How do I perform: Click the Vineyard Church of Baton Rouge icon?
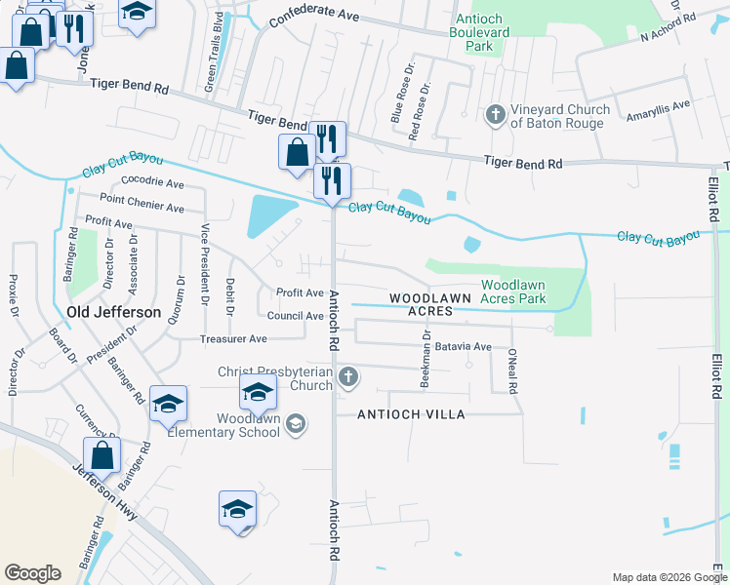pyautogui.click(x=495, y=115)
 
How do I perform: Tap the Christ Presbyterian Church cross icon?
pyautogui.click(x=348, y=376)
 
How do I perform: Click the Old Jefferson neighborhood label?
pyautogui.click(x=114, y=312)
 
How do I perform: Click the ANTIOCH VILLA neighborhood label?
pyautogui.click(x=410, y=414)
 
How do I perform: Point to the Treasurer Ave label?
pyautogui.click(x=233, y=338)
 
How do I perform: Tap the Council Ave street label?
pyautogui.click(x=295, y=316)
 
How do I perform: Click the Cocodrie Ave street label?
pyautogui.click(x=148, y=183)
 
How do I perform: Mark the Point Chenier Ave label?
pyautogui.click(x=142, y=208)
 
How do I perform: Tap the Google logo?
pyautogui.click(x=33, y=573)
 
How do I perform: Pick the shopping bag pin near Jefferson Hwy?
pyautogui.click(x=101, y=454)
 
